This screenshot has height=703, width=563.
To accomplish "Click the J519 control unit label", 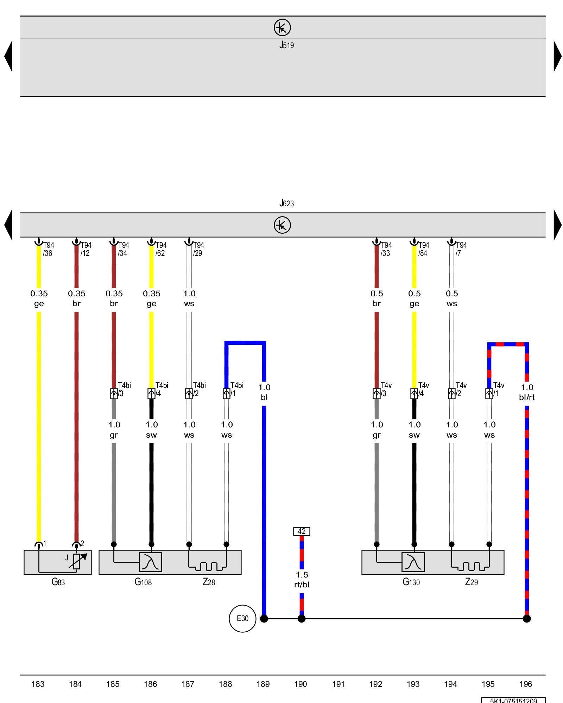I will click(x=286, y=45).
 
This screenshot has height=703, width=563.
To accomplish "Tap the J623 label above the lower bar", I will click(x=286, y=203).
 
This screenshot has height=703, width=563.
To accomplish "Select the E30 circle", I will click(x=242, y=618).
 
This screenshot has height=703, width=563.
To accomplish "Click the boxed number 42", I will click(x=302, y=531).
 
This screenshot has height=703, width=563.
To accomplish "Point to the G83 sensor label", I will click(x=58, y=582).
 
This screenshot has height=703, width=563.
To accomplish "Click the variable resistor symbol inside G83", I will click(x=77, y=561).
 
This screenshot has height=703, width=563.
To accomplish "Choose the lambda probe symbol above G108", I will click(x=151, y=562).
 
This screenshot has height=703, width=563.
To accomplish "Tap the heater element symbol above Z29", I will click(x=470, y=566).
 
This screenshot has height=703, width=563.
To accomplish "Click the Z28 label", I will click(x=209, y=582).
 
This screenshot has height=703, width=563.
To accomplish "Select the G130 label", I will click(x=411, y=582).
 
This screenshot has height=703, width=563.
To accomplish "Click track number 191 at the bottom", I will click(x=338, y=684).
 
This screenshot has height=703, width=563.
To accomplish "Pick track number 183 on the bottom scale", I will click(x=38, y=684).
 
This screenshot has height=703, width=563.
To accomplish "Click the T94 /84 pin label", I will click(x=423, y=249).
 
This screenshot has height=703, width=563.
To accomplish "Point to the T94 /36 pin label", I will click(x=48, y=249).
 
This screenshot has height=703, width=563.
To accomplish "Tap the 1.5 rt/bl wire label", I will click(x=302, y=580).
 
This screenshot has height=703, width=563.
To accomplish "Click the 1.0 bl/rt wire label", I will click(x=527, y=392).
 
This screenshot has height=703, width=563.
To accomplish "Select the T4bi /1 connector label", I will click(x=236, y=389).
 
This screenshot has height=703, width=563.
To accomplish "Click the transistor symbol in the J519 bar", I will click(x=282, y=27).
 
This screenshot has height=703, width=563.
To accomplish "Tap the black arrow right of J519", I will click(x=557, y=56).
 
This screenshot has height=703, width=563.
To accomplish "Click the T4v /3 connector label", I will click(x=386, y=389).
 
